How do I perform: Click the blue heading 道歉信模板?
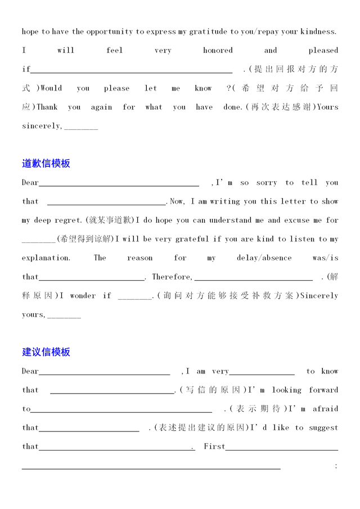46,164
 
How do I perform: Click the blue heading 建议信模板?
46,352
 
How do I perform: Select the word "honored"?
218,51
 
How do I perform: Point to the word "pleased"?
323,51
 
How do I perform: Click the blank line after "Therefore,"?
253,277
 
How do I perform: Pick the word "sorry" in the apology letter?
267,183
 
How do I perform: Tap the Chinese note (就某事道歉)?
109,220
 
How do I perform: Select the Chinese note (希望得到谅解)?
85,240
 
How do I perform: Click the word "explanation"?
46,258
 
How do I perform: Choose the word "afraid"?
325,409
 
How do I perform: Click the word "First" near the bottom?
214,447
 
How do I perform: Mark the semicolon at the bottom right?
336,466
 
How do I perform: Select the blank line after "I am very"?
262,372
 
